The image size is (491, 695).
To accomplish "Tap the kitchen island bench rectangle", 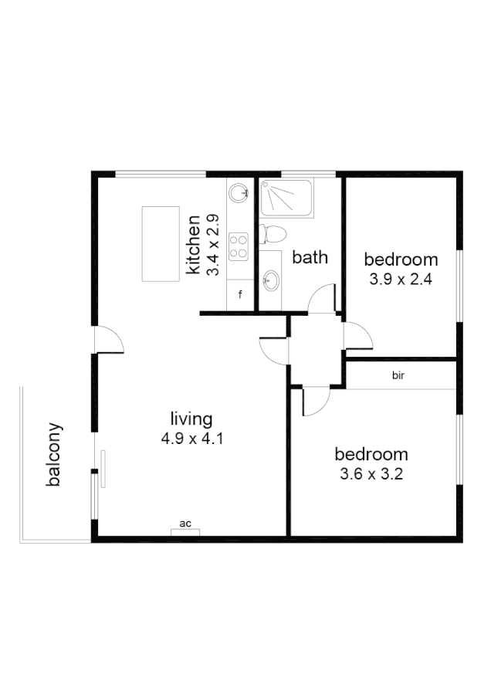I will click(161, 244).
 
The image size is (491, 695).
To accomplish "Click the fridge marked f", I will click(240, 295).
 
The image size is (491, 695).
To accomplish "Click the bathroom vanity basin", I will click(270, 280).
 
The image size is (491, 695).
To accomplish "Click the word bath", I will click(310, 257).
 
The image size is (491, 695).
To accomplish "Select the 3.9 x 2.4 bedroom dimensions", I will click(400, 280).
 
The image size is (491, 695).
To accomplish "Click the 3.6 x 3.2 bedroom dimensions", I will click(371, 474).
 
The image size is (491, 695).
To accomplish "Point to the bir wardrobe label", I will click(398, 377).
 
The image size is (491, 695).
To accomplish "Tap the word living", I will click(191, 419).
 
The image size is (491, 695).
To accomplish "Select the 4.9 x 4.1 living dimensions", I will click(191, 439).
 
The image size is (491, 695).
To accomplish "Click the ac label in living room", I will click(185, 524).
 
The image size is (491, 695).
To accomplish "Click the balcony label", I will click(53, 454).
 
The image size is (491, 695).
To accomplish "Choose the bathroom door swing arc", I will click(323, 298).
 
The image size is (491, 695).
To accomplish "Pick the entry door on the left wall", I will click(108, 341).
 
